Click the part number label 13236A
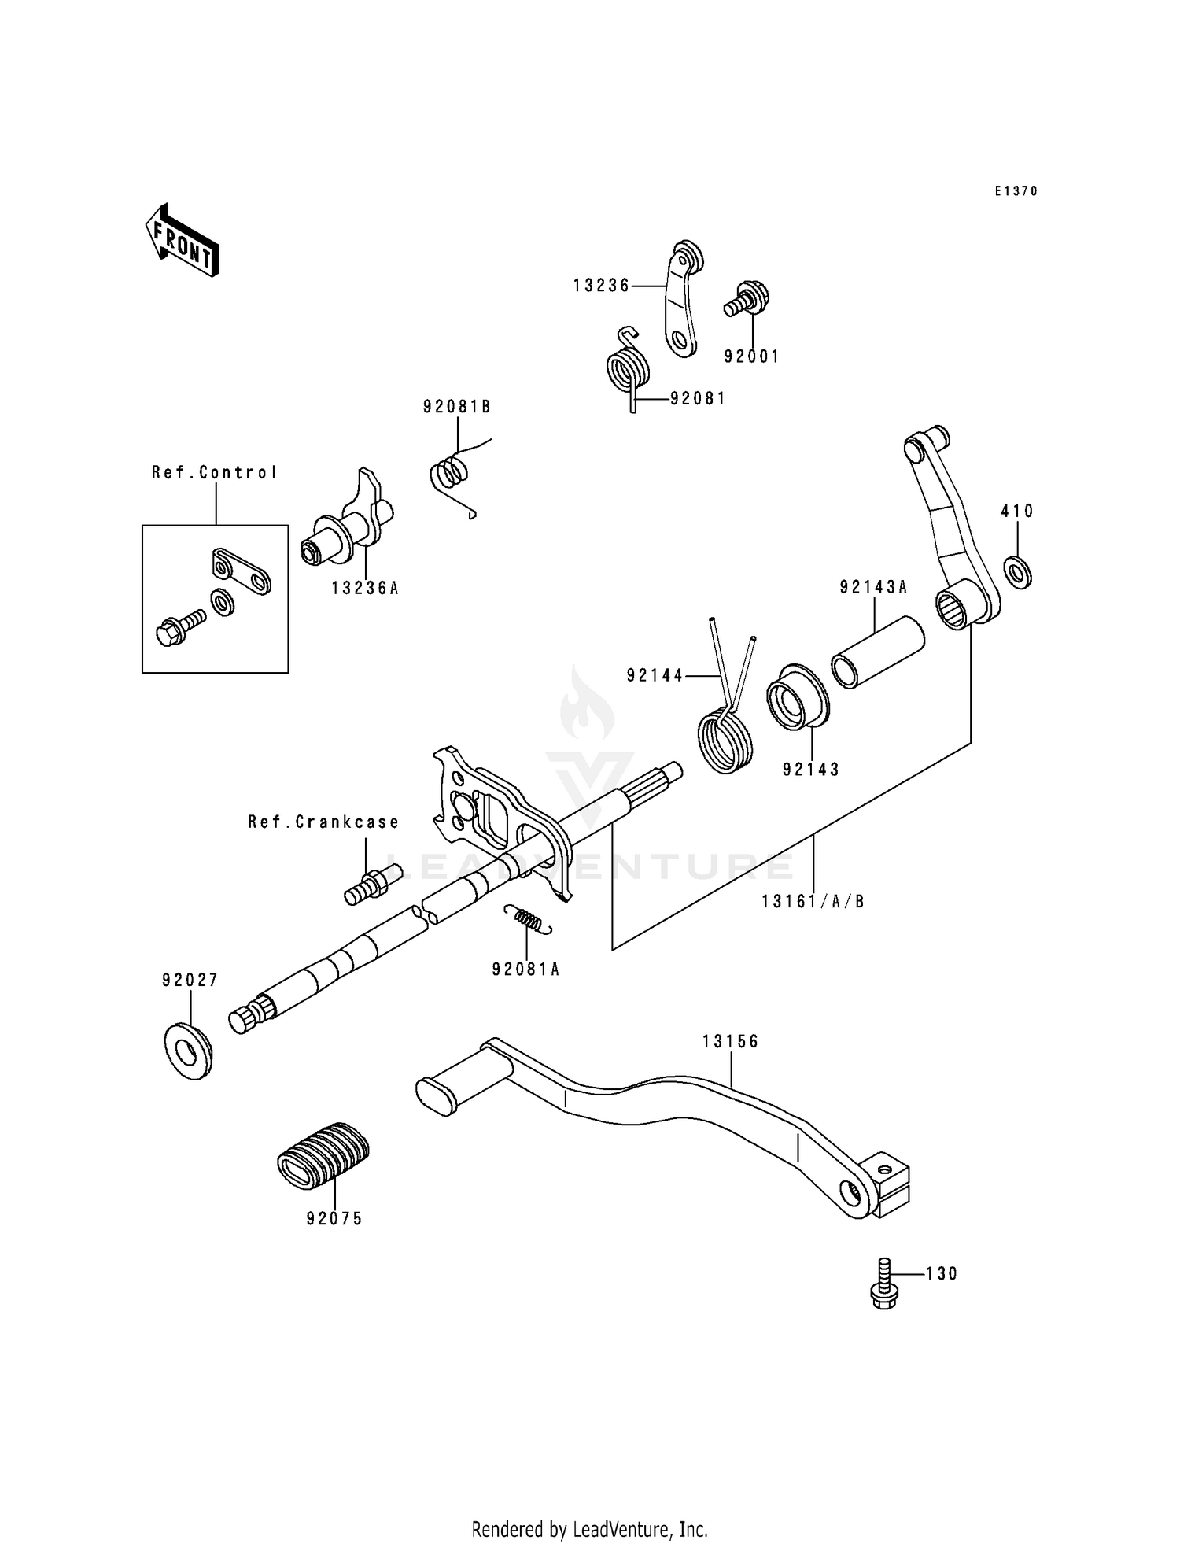pyautogui.click(x=364, y=588)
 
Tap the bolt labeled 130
pyautogui.click(x=884, y=1285)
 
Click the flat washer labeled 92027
pyautogui.click(x=188, y=1051)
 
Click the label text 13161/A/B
pyautogui.click(x=813, y=902)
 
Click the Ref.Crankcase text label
pyautogui.click(x=323, y=822)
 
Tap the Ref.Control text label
pyautogui.click(x=214, y=473)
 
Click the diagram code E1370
pyautogui.click(x=1016, y=191)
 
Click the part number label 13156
pyautogui.click(x=730, y=1042)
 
